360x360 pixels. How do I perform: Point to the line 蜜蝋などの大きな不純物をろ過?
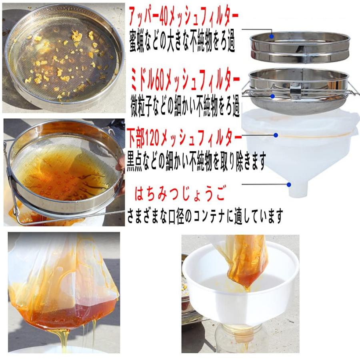point(182,43)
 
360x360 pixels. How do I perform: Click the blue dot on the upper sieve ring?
point(272,36)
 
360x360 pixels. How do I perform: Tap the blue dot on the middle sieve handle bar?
point(272,96)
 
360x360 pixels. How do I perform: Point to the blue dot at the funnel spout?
point(288,184)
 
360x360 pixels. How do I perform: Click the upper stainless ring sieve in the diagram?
point(299,48)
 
